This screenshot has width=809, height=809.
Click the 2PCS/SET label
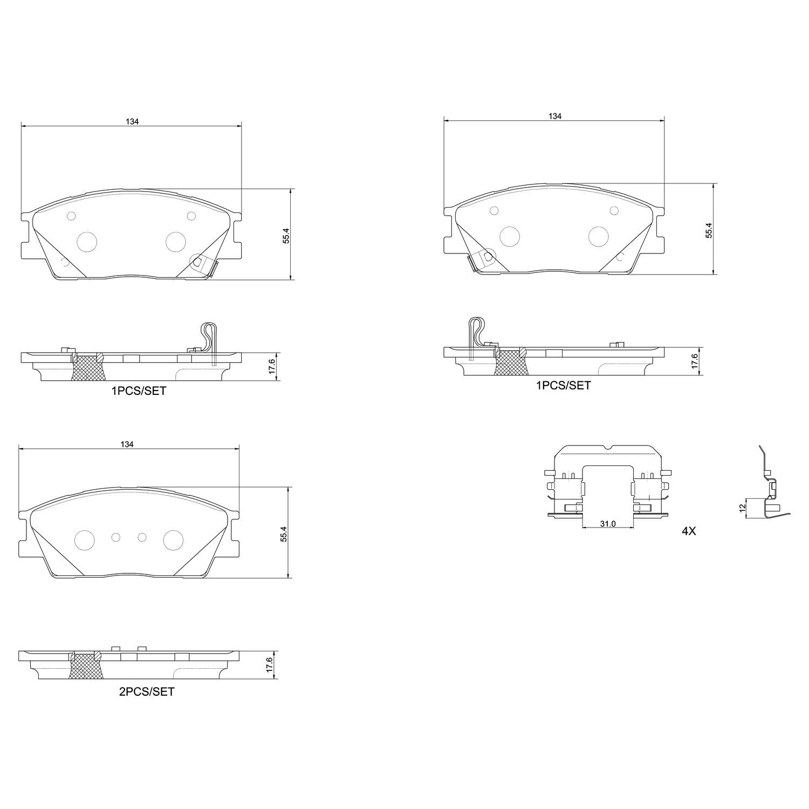[147, 691]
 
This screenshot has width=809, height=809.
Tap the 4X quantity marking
[689, 531]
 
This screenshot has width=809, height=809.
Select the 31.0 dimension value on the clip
[607, 524]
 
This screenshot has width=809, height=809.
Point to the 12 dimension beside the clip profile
[742, 508]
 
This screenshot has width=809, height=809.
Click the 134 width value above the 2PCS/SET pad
[127, 444]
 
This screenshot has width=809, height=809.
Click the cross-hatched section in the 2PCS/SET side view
[86, 668]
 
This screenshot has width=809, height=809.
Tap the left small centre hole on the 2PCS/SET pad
[116, 537]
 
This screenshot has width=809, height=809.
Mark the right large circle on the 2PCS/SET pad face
[174, 540]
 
